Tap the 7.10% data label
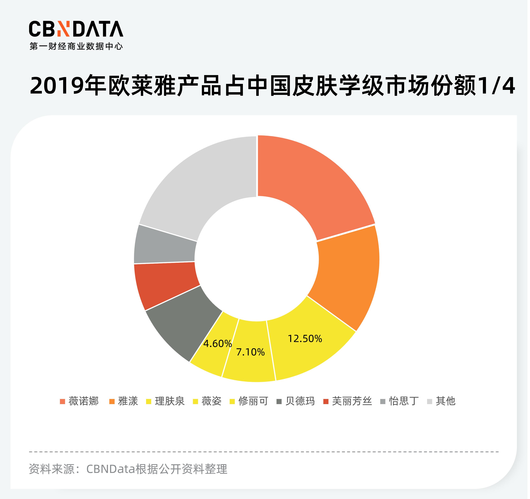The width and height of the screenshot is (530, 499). coord(250,352)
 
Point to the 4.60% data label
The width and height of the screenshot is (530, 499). coord(217,344)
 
